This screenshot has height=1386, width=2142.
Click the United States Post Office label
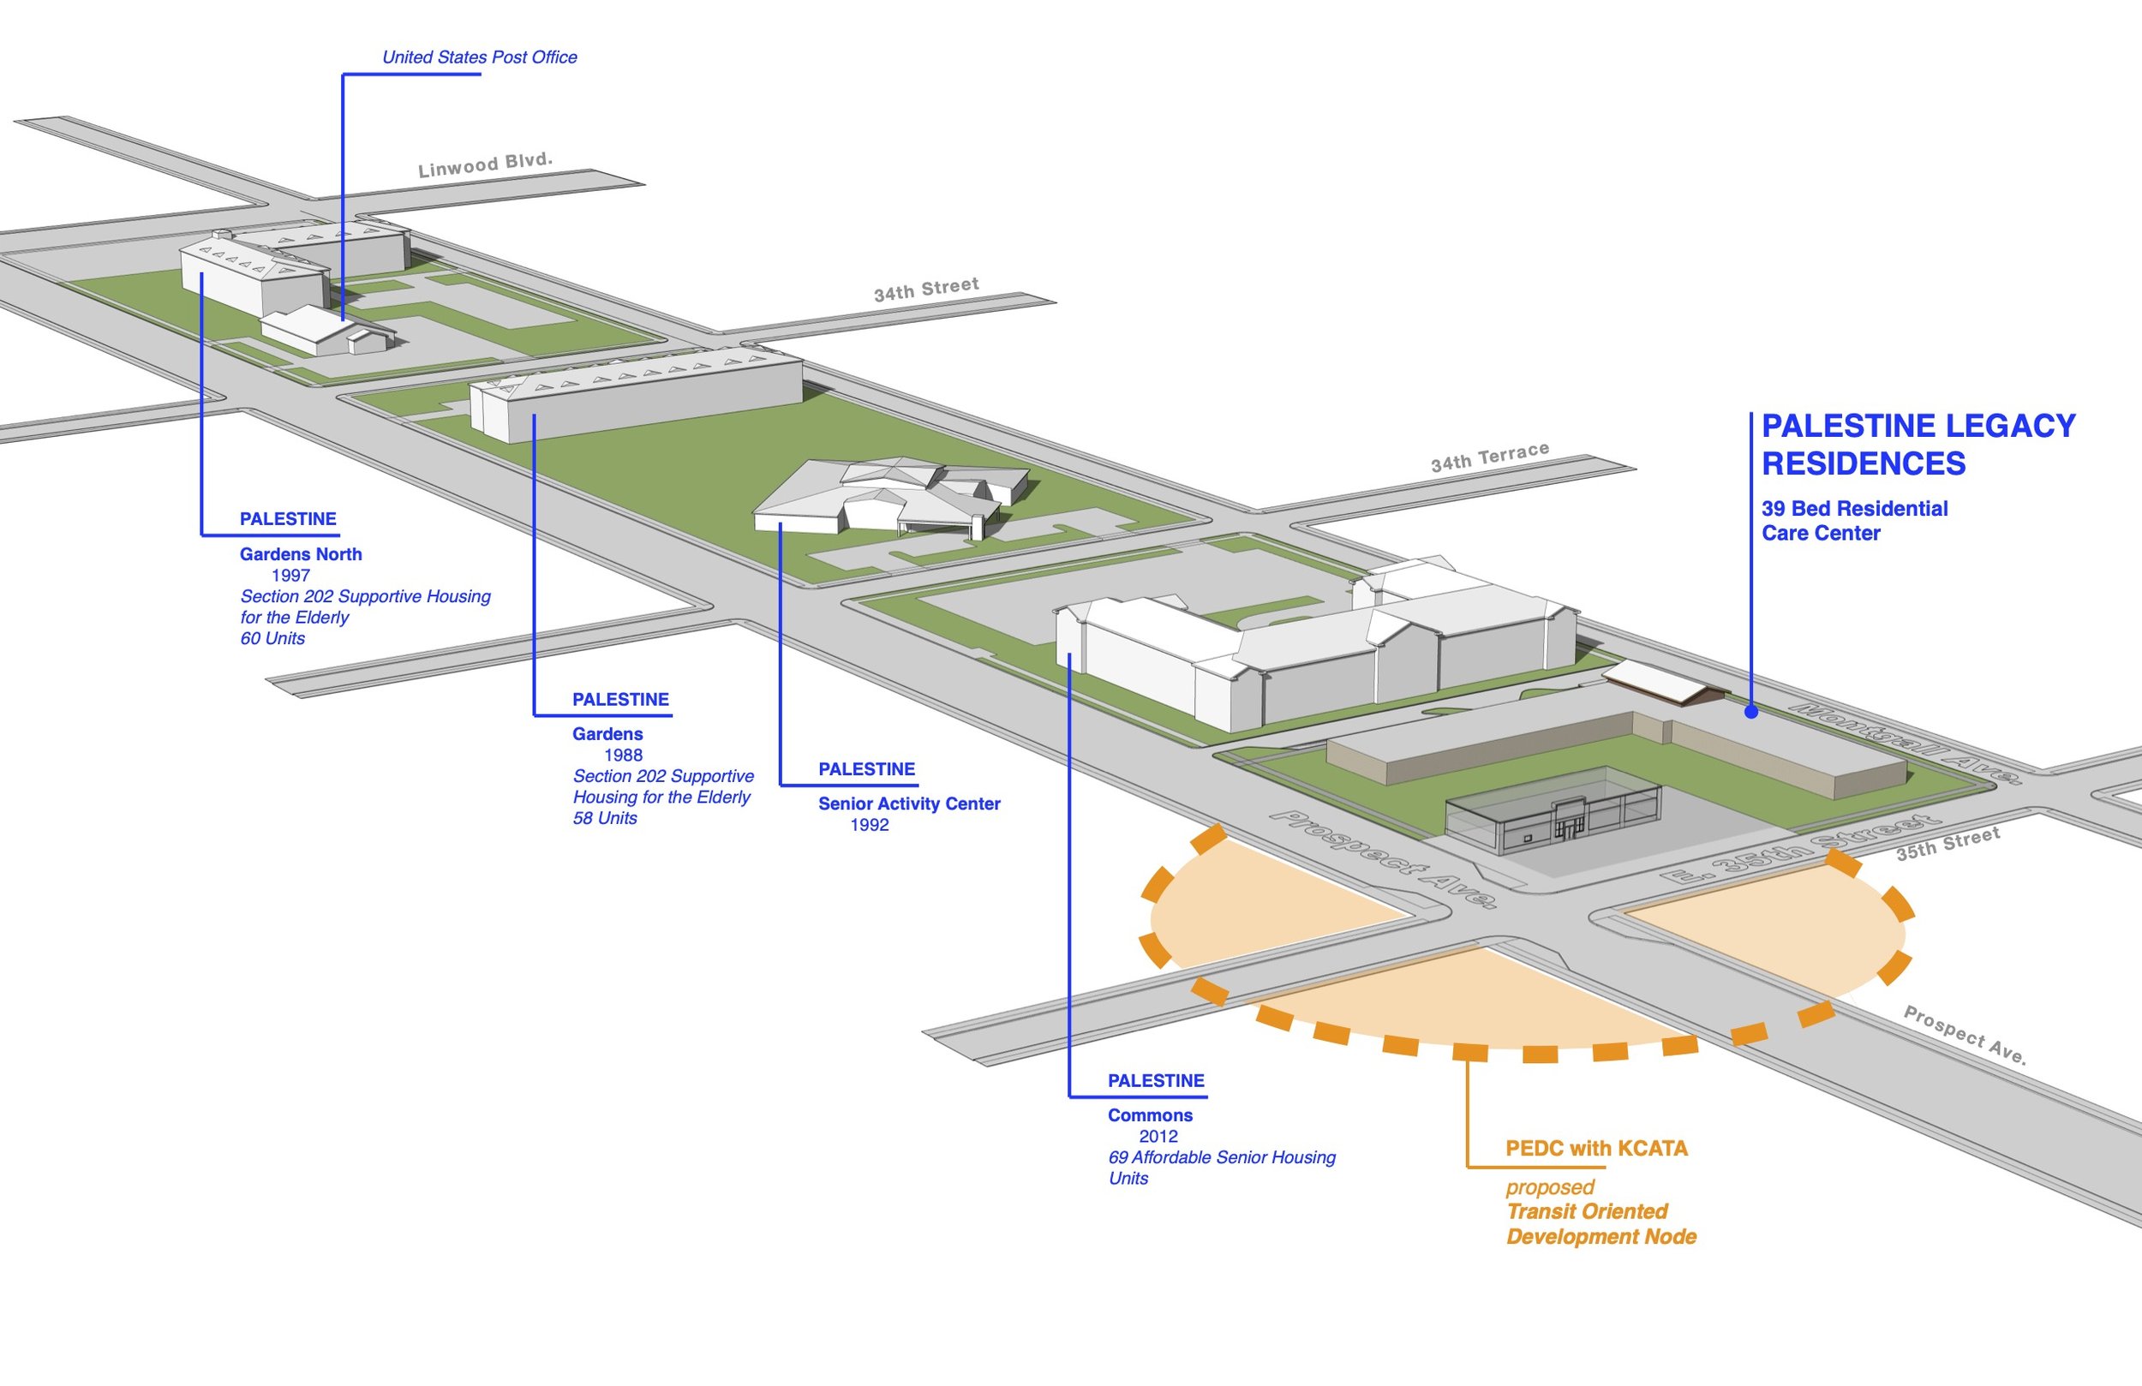[479, 57]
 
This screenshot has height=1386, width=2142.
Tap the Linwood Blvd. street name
[485, 164]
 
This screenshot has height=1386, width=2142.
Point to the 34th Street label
[926, 289]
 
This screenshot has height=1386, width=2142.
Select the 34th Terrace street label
[1489, 457]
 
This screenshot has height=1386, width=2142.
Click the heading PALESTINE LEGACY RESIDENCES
[1917, 445]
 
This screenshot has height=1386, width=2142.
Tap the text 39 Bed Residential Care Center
[1854, 521]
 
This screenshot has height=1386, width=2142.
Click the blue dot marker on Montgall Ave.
[1750, 712]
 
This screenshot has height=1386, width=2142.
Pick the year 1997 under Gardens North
[290, 576]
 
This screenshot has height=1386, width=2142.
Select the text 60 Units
[272, 639]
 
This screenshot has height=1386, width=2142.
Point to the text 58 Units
[605, 819]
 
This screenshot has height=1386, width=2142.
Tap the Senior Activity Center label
[909, 804]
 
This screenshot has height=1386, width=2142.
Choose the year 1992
[870, 825]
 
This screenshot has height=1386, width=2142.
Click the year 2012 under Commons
[1158, 1137]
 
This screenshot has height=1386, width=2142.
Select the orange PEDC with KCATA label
[1596, 1150]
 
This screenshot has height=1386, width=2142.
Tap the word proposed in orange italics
[1550, 1188]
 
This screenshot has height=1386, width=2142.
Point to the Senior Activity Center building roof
[891, 486]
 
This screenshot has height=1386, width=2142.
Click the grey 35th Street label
[1948, 845]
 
